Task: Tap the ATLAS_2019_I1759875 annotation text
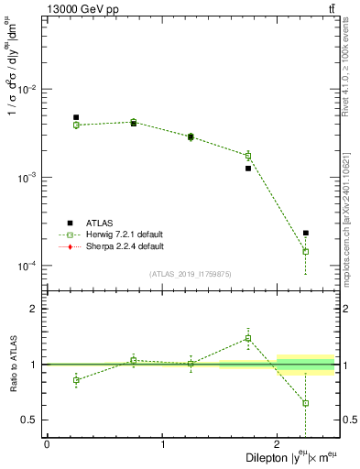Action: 191,274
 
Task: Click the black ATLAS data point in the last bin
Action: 306,233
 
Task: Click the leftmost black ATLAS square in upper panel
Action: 76,117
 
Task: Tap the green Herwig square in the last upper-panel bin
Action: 306,251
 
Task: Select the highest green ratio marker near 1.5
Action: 248,338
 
